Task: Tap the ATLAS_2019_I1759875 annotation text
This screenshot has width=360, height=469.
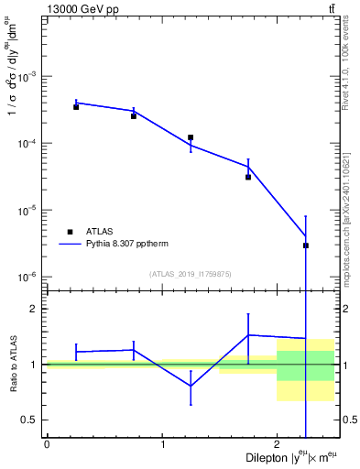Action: pyautogui.click(x=191, y=274)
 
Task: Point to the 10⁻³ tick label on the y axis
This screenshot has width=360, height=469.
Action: pyautogui.click(x=31, y=77)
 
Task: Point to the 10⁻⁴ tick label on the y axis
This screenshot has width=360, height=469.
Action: pyautogui.click(x=31, y=144)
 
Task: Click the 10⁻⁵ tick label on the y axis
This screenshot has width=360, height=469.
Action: pyautogui.click(x=31, y=211)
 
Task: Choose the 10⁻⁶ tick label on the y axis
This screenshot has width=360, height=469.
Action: pyautogui.click(x=31, y=278)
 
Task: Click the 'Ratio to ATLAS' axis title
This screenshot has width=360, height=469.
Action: pyautogui.click(x=12, y=364)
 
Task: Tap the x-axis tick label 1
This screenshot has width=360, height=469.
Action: pyautogui.click(x=162, y=445)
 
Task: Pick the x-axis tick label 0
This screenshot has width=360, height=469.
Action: pyautogui.click(x=47, y=445)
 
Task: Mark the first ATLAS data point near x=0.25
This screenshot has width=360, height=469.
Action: pyautogui.click(x=76, y=107)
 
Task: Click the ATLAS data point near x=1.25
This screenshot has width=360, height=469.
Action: pyautogui.click(x=191, y=137)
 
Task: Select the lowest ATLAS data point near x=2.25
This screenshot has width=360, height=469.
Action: pyautogui.click(x=306, y=245)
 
